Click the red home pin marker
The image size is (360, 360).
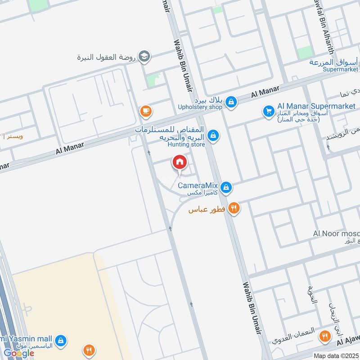pyautogui.click(x=179, y=162)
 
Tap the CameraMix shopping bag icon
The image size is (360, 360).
pyautogui.click(x=226, y=186)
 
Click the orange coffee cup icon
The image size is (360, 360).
pyautogui.click(x=145, y=111)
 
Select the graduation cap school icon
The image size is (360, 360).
pyautogui.click(x=144, y=57)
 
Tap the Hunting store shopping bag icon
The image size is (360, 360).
pyautogui.click(x=214, y=135)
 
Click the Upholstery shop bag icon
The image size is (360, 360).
pyautogui.click(x=231, y=102)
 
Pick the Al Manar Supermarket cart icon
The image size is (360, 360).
pyautogui.click(x=269, y=110)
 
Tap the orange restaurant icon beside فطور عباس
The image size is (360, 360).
pyautogui.click(x=234, y=208)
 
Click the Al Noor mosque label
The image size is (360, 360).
pyautogui.click(x=336, y=234)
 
